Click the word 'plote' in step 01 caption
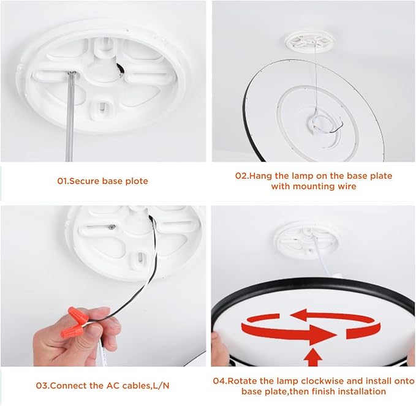pyautogui.click(x=137, y=181)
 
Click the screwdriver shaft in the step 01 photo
pyautogui.click(x=70, y=117)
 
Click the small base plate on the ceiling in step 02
pyautogui.click(x=309, y=41)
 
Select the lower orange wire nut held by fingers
pyautogui.click(x=71, y=331)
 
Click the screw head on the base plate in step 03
pyautogui.click(x=112, y=227)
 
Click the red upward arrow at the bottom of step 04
pyautogui.click(x=313, y=357)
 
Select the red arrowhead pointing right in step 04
pyautogui.click(x=322, y=334)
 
